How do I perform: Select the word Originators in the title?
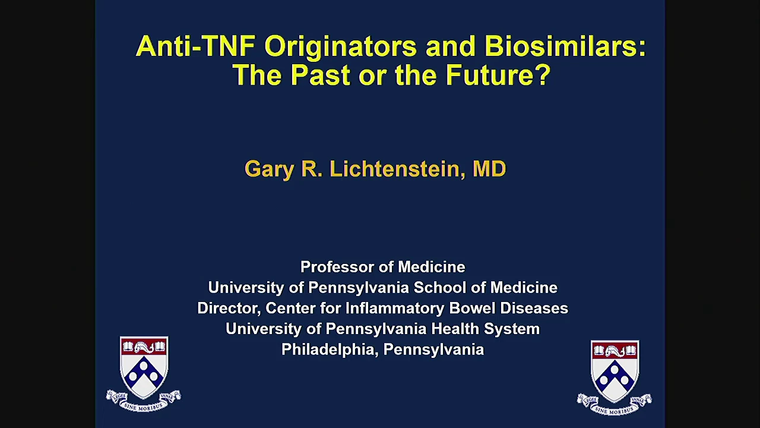(x=340, y=48)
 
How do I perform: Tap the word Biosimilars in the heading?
(x=565, y=46)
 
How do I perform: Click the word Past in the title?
(x=321, y=75)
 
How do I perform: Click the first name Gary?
(x=270, y=170)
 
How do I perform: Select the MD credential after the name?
(x=489, y=168)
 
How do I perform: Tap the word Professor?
(x=338, y=267)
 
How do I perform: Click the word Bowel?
(x=473, y=308)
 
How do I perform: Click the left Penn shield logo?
(x=144, y=367)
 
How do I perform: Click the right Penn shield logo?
(x=615, y=371)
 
